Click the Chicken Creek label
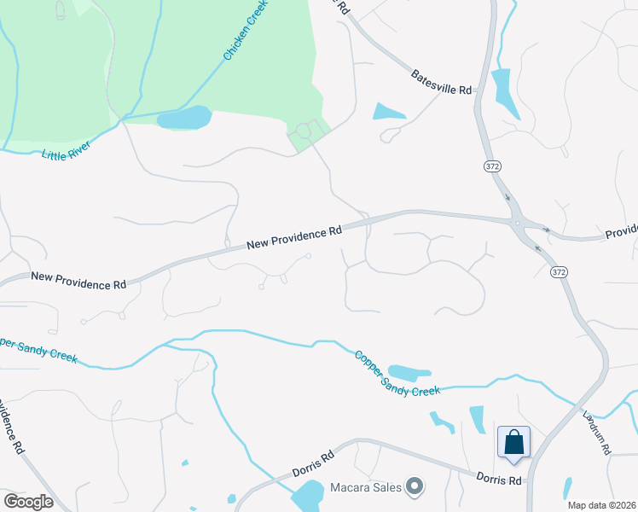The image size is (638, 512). coord(246,31)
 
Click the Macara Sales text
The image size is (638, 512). coord(364,487)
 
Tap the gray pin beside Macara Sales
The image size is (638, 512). coord(415,487)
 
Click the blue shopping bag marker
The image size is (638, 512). coord(514,443)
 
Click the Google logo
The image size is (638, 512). coord(28,502)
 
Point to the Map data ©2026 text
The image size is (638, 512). coord(601,505)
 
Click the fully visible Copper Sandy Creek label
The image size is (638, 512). coord(397,373)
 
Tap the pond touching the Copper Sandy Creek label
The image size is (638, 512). coord(410,373)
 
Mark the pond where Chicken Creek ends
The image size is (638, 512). coord(183,118)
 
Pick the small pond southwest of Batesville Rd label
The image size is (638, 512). coord(389,111)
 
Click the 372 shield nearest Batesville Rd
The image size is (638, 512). coord(490,165)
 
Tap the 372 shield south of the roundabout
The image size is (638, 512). coord(558,272)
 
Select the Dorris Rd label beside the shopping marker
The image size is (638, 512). coord(499,480)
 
